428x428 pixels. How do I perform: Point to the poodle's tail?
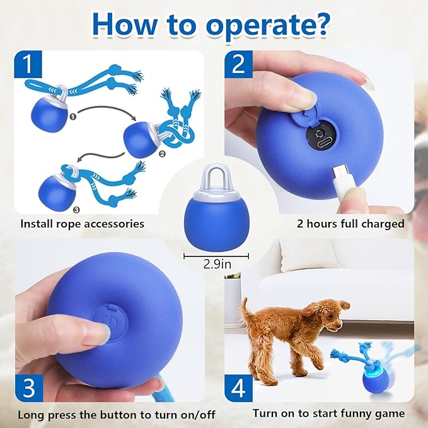pyautogui.click(x=245, y=309)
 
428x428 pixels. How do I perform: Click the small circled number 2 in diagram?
pyautogui.click(x=161, y=153)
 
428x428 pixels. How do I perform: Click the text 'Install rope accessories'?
pyautogui.click(x=83, y=224)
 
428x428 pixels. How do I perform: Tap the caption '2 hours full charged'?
pyautogui.click(x=350, y=224)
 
